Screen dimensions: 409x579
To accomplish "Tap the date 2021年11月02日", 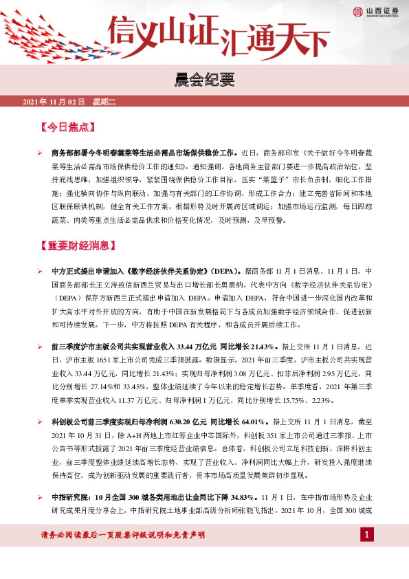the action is pos(54,102).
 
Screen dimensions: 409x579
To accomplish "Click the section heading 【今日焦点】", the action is pos(68,127).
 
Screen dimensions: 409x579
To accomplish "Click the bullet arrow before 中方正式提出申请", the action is pos(41,272).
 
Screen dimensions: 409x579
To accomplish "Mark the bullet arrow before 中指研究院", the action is pos(41,496).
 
